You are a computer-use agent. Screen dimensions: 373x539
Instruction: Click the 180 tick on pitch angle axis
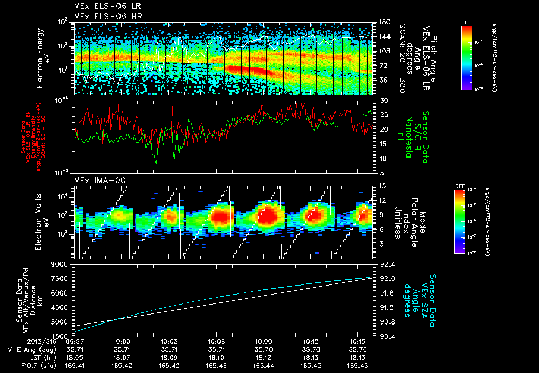click(x=384, y=22)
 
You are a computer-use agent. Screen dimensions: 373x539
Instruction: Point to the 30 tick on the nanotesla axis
click(x=384, y=100)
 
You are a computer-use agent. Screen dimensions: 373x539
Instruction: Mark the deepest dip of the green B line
click(x=156, y=165)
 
